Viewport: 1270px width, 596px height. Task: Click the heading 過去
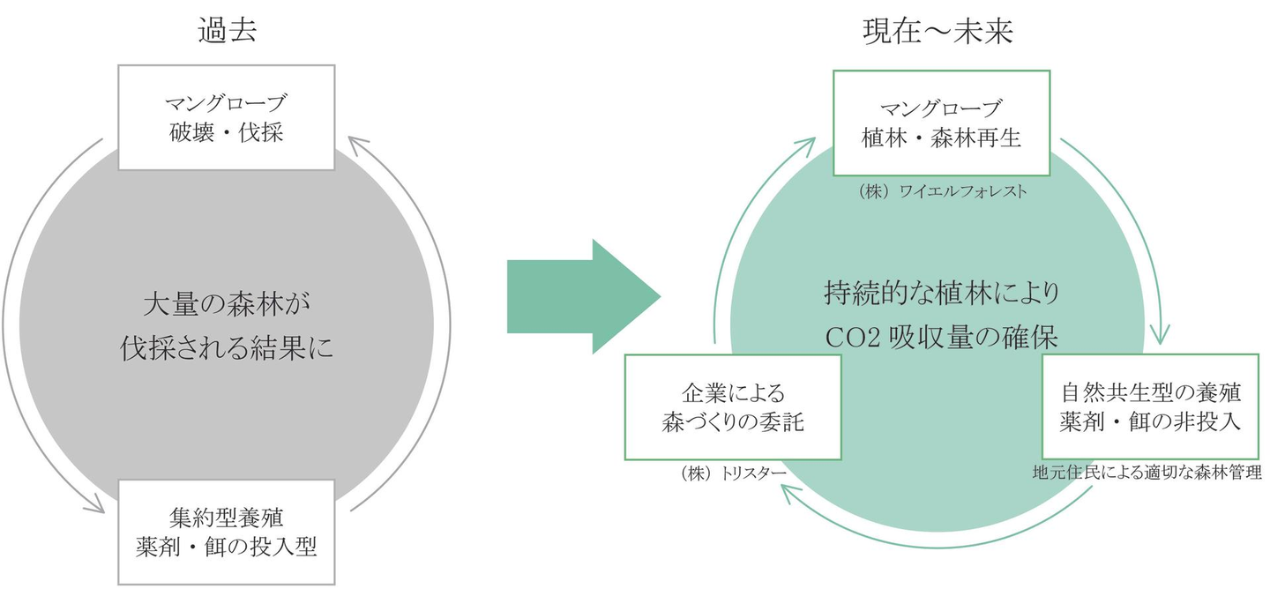pyautogui.click(x=227, y=32)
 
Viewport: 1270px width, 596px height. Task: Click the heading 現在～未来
pyautogui.click(x=938, y=32)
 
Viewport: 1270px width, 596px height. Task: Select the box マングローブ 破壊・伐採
pyautogui.click(x=227, y=117)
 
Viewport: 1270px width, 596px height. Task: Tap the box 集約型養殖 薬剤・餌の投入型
pyautogui.click(x=227, y=532)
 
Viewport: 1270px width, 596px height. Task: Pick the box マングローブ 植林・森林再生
pyautogui.click(x=941, y=123)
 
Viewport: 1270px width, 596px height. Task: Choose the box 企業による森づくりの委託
pyautogui.click(x=732, y=406)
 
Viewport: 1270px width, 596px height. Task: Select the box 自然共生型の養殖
pyautogui.click(x=1151, y=406)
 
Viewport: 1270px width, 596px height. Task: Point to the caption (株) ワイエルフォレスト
pyautogui.click(x=941, y=190)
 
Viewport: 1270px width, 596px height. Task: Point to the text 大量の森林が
pyautogui.click(x=227, y=305)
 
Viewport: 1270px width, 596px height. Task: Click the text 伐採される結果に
pyautogui.click(x=227, y=349)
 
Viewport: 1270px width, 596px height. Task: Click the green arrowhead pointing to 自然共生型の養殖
pyautogui.click(x=1161, y=335)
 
